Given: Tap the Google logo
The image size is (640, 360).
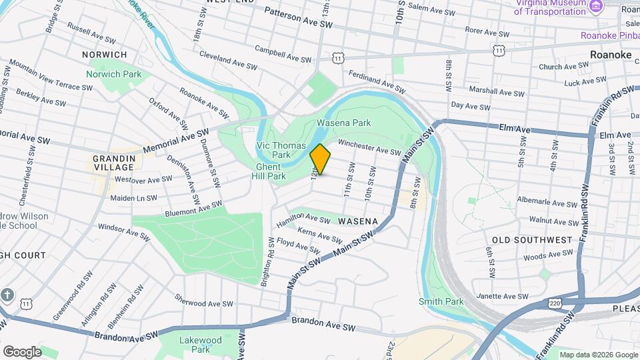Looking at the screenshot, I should click(22, 351).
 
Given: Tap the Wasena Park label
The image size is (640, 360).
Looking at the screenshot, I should click(343, 123).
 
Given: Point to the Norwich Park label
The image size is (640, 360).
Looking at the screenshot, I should click(113, 74).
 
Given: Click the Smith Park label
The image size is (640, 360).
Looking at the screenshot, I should click(441, 301).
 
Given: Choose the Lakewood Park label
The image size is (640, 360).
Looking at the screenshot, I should click(200, 344).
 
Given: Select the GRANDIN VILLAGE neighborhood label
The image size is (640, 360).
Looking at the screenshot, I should click(114, 163).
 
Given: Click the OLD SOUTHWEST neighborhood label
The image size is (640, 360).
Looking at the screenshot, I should click(532, 239).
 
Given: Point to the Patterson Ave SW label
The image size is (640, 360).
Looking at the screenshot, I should click(298, 17).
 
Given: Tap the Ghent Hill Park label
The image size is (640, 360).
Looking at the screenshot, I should click(271, 171).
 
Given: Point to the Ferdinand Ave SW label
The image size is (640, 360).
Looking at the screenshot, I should click(376, 83).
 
